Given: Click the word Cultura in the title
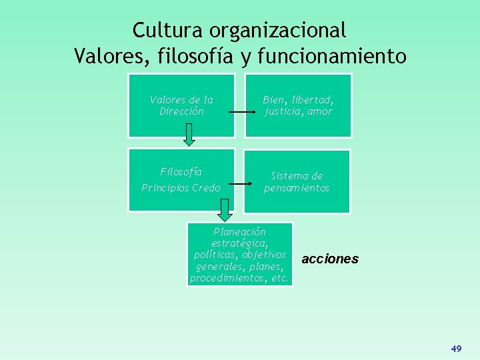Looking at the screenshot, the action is (169, 30).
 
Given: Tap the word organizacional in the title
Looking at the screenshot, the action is (278, 31).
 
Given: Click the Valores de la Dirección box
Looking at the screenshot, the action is (181, 105).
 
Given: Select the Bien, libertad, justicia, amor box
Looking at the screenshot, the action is (297, 105).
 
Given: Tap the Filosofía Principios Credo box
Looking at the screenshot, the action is (181, 180).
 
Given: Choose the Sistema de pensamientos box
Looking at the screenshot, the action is (297, 181).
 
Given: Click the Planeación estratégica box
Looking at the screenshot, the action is (239, 254).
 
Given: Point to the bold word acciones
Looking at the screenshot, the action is (330, 259).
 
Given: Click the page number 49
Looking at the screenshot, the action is (457, 349).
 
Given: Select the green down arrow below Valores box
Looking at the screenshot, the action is (189, 134).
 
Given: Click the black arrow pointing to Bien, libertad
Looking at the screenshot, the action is (241, 112).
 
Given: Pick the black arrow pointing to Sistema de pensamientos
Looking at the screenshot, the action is (241, 183).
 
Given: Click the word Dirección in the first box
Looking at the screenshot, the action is (181, 111).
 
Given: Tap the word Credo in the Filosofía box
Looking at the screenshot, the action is (205, 188).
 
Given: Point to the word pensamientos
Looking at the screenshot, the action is (297, 188).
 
